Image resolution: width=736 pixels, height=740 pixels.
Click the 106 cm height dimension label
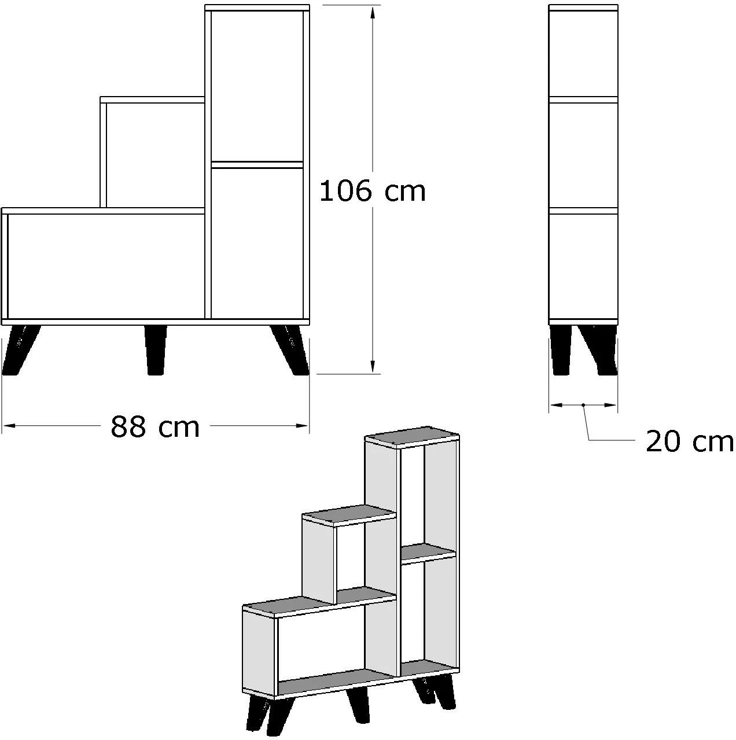pyautogui.click(x=372, y=191)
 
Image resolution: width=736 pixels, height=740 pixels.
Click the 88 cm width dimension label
pyautogui.click(x=155, y=426)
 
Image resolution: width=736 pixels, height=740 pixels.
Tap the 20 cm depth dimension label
pyautogui.click(x=690, y=442)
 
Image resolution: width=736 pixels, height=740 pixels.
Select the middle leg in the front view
pyautogui.click(x=156, y=350)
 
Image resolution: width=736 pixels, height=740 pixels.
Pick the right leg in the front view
pyautogui.click(x=290, y=350)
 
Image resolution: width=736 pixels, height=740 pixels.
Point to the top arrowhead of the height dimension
pyautogui.click(x=372, y=13)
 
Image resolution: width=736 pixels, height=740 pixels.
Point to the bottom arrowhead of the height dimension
pyautogui.click(x=372, y=365)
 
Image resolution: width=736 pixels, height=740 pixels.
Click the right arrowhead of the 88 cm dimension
pyautogui.click(x=302, y=425)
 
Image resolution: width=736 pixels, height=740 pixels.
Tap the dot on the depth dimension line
pyautogui.click(x=583, y=405)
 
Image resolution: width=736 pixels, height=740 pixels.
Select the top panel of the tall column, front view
pyautogui.click(x=257, y=8)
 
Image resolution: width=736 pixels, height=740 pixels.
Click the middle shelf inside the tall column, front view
pyautogui.click(x=257, y=165)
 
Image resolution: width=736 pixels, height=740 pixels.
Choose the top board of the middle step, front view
pyautogui.click(x=152, y=100)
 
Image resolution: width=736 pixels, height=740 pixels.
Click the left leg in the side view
pyautogui.click(x=561, y=350)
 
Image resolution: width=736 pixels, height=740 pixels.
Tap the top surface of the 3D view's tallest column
pyautogui.click(x=412, y=437)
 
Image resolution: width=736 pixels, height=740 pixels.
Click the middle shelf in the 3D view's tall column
pyautogui.click(x=428, y=554)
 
